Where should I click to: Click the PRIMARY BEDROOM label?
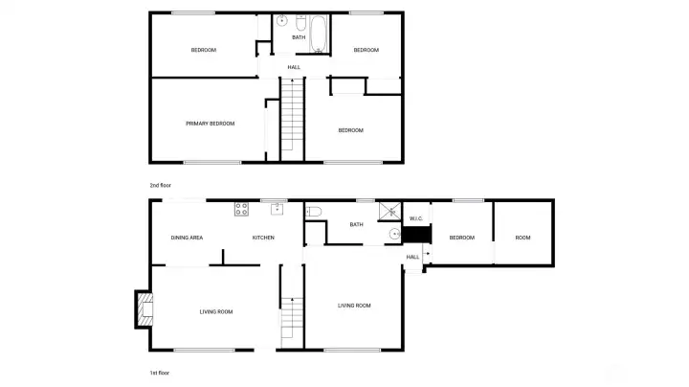210,124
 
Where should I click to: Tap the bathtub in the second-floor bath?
318,34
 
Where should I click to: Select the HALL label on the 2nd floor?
294,67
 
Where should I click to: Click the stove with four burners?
241,209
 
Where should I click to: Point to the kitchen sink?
277,209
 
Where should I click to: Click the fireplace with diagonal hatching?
145,309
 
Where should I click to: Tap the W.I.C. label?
416,218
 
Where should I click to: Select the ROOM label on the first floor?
522,238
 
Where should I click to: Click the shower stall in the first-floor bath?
390,211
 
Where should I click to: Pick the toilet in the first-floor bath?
313,212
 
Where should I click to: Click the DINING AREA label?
187,238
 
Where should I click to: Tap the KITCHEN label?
263,238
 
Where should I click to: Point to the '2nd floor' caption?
161,186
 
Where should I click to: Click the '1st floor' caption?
160,373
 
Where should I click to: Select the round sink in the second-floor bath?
281,21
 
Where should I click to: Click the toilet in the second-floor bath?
301,22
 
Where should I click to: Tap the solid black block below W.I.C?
416,235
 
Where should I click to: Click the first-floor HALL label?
412,258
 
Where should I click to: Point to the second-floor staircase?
292,119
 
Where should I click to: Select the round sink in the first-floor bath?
395,234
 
